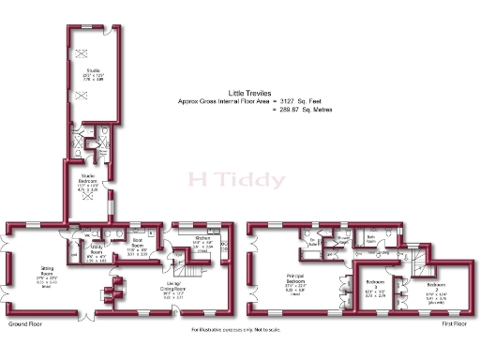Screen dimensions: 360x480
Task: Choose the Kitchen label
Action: click(203, 240)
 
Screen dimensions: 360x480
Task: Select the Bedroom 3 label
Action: click(374, 281)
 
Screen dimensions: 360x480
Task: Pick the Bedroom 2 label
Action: click(436, 285)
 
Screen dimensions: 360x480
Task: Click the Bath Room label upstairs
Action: click(370, 239)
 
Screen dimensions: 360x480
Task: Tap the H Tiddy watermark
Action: click(225, 178)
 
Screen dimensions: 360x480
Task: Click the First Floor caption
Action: click(457, 324)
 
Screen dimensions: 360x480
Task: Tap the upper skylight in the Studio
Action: click(81, 51)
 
